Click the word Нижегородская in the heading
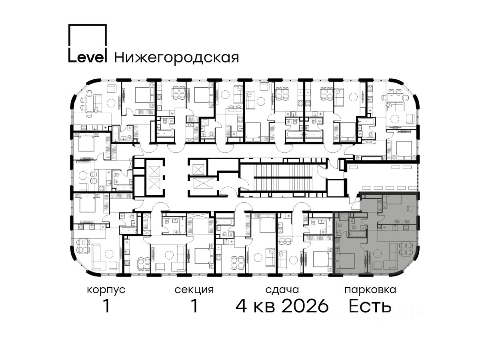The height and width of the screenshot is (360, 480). click(x=177, y=58)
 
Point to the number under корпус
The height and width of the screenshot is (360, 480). click(x=106, y=306)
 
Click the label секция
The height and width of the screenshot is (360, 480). click(x=194, y=290)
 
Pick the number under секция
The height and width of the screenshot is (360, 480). click(x=194, y=306)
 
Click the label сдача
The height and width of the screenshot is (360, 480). click(x=282, y=290)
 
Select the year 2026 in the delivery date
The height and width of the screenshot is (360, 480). click(x=305, y=306)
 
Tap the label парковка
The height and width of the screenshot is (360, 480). click(x=370, y=290)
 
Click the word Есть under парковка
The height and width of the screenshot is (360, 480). click(x=370, y=306)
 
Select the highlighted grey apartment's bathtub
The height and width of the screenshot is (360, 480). click(x=357, y=234)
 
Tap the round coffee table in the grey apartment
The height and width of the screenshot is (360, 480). click(x=377, y=253)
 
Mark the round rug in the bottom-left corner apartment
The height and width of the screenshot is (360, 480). click(x=109, y=254)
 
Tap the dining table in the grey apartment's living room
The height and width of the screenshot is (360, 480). click(x=406, y=249)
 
